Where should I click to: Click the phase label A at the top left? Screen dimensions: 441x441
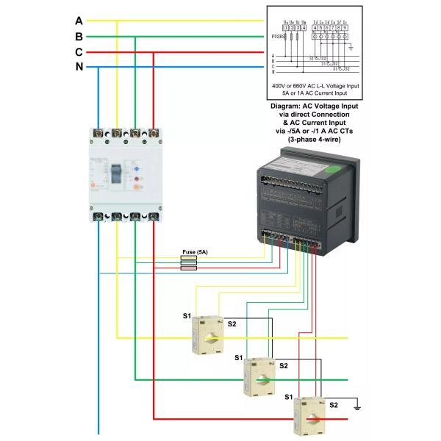click(79, 21)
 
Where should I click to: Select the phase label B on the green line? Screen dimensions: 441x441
click(79, 36)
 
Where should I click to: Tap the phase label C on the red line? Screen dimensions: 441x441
click(79, 52)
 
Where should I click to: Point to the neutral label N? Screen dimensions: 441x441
click(79, 68)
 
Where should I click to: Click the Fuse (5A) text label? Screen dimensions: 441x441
click(195, 253)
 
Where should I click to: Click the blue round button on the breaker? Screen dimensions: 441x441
click(137, 179)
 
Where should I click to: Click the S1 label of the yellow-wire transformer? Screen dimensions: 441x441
click(187, 316)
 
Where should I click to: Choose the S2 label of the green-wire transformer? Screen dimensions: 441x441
click(283, 365)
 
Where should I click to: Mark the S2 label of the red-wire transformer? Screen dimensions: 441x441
click(333, 405)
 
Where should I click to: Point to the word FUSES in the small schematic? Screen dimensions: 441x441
click(278, 35)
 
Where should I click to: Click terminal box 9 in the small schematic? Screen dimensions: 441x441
click(345, 28)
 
